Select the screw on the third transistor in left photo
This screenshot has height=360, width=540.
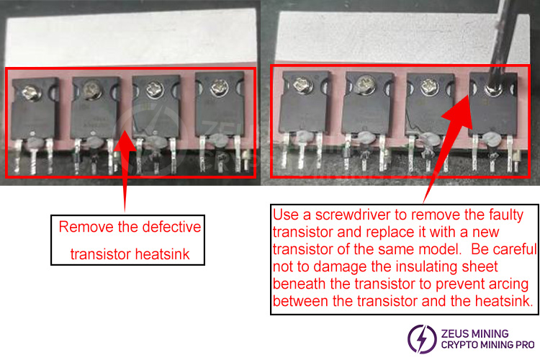[x=153, y=91]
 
